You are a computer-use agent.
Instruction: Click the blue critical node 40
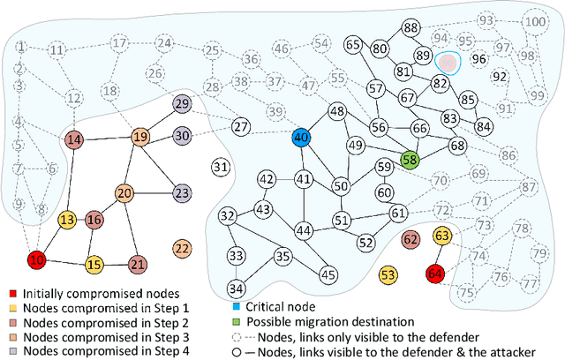[x=301, y=137]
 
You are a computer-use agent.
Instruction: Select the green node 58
[x=410, y=160]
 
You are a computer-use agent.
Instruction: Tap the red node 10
[x=37, y=260]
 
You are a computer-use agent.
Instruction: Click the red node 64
[x=435, y=274]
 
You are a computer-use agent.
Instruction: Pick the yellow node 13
[x=67, y=221]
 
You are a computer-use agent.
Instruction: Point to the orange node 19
[x=140, y=137]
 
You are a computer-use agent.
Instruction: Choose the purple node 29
[x=182, y=104]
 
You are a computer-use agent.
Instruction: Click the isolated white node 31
[x=222, y=166]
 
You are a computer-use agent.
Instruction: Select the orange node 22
[x=183, y=249]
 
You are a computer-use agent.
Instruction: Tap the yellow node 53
[x=388, y=275]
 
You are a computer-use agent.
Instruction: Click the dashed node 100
[x=533, y=21]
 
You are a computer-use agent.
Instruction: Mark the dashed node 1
[x=21, y=47]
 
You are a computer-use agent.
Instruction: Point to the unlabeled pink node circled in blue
[x=449, y=62]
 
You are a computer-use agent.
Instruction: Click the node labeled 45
[x=328, y=274]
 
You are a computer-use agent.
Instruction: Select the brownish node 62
[x=411, y=238]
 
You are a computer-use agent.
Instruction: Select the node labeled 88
[x=410, y=28]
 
